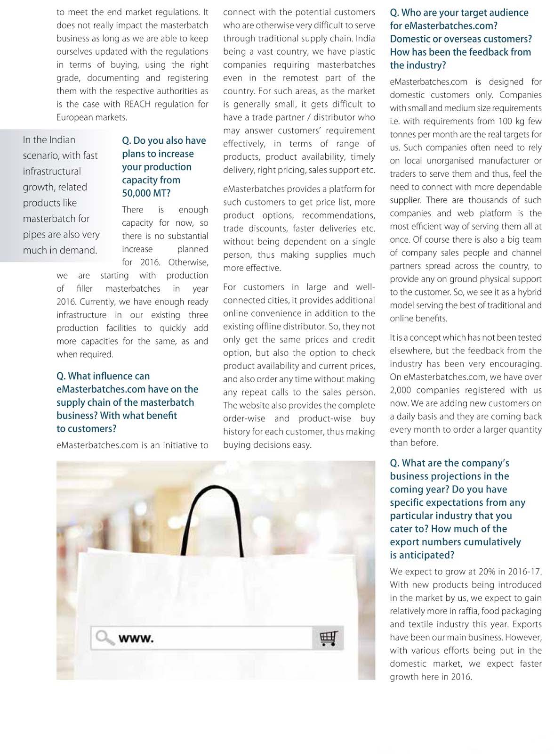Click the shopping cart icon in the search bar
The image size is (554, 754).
click(328, 638)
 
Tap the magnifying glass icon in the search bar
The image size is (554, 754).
click(104, 638)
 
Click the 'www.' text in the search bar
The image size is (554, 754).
click(136, 639)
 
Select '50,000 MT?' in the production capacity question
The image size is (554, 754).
click(146, 193)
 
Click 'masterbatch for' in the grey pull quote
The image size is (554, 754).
click(56, 219)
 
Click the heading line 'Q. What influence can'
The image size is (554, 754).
click(103, 376)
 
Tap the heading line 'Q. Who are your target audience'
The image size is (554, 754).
click(459, 13)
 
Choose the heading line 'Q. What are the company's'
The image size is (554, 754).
click(450, 463)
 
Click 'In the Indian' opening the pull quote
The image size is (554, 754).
click(49, 140)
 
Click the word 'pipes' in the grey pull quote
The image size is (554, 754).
click(34, 235)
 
